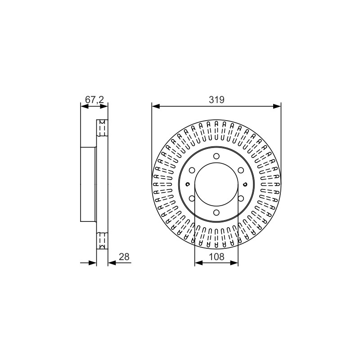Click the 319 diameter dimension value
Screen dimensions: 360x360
(x=216, y=100)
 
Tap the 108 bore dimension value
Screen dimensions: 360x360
(x=216, y=256)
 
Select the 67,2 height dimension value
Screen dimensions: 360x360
(x=94, y=100)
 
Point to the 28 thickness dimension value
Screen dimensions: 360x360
(x=124, y=256)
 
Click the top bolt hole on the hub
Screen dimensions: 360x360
(x=216, y=156)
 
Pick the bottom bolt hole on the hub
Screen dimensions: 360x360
(x=216, y=212)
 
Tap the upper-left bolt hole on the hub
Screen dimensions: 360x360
(x=192, y=171)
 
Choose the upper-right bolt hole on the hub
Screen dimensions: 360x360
(x=241, y=171)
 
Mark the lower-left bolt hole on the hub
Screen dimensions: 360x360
(x=192, y=198)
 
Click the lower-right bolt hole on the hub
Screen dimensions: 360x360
(x=241, y=198)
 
